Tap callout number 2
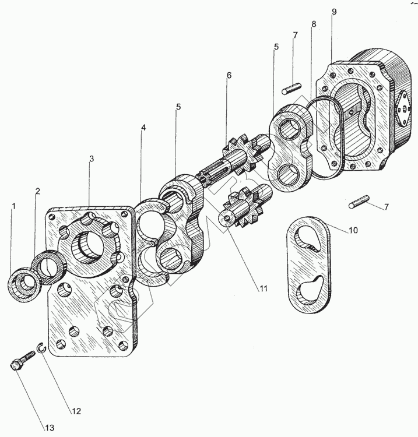click(37, 191)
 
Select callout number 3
click(91, 158)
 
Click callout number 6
click(229, 76)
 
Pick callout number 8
click(314, 25)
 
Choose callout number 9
click(334, 12)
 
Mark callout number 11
click(263, 288)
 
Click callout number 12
click(76, 411)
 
